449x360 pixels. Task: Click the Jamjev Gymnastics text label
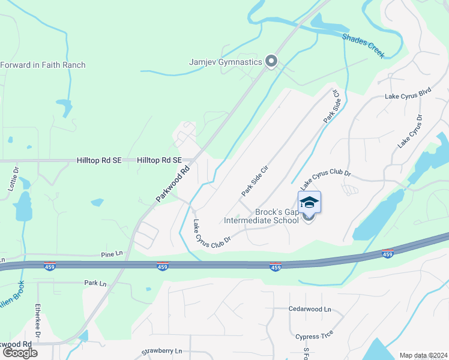coord(226,62)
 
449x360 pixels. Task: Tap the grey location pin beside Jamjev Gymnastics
coord(271,61)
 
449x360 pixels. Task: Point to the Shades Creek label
coord(363,46)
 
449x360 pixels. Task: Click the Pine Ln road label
coord(112,254)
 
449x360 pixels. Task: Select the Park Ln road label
coord(95,283)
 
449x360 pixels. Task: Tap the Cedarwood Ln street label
coord(310,309)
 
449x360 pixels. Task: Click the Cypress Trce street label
coord(314,336)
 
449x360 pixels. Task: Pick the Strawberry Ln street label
coord(161,350)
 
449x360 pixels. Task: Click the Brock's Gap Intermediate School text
coord(261,216)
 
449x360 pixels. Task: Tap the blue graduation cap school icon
coord(309,202)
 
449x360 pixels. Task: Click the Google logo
coord(20,353)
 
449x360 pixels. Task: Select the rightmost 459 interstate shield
coord(388,254)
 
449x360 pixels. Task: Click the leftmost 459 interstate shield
coord(50,265)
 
